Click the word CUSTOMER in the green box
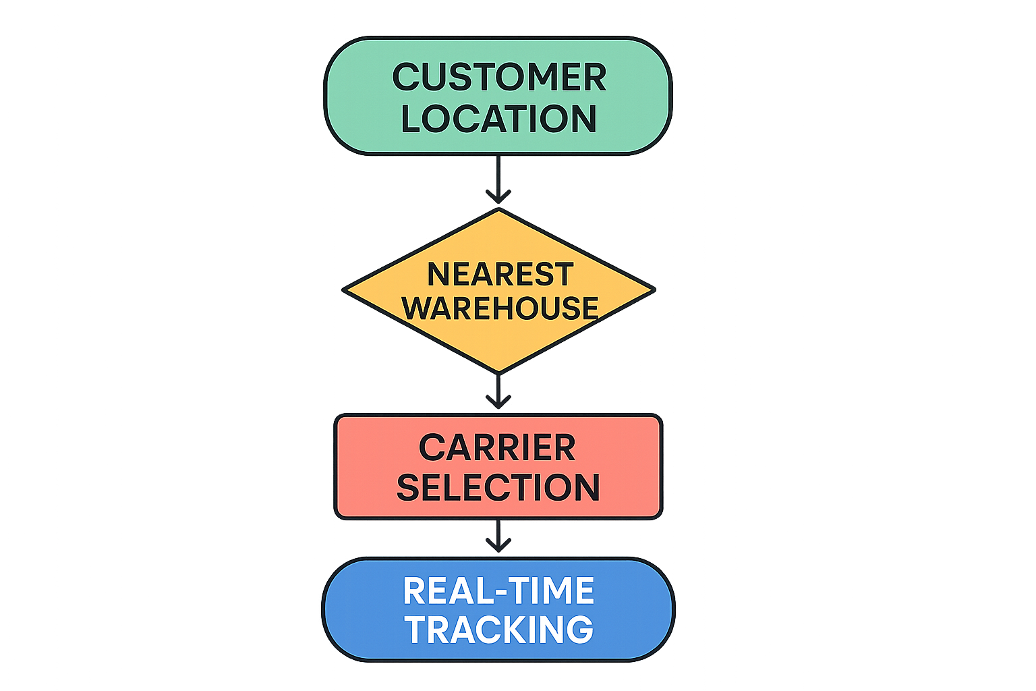click(x=499, y=77)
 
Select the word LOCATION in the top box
click(x=499, y=119)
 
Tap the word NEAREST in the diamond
click(x=500, y=275)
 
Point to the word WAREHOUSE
click(x=500, y=308)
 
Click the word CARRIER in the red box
click(x=498, y=448)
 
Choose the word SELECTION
click(x=498, y=487)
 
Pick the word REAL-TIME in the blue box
click(x=498, y=591)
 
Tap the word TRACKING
click(x=498, y=630)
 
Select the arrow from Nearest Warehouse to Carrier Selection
click(x=498, y=390)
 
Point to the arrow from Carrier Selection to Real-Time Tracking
click(x=498, y=534)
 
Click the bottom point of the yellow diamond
click(x=498, y=372)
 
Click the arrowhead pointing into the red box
click(x=498, y=403)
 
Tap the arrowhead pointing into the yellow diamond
click(x=498, y=198)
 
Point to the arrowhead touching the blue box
click(x=498, y=546)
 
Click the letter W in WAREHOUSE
click(x=419, y=308)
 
